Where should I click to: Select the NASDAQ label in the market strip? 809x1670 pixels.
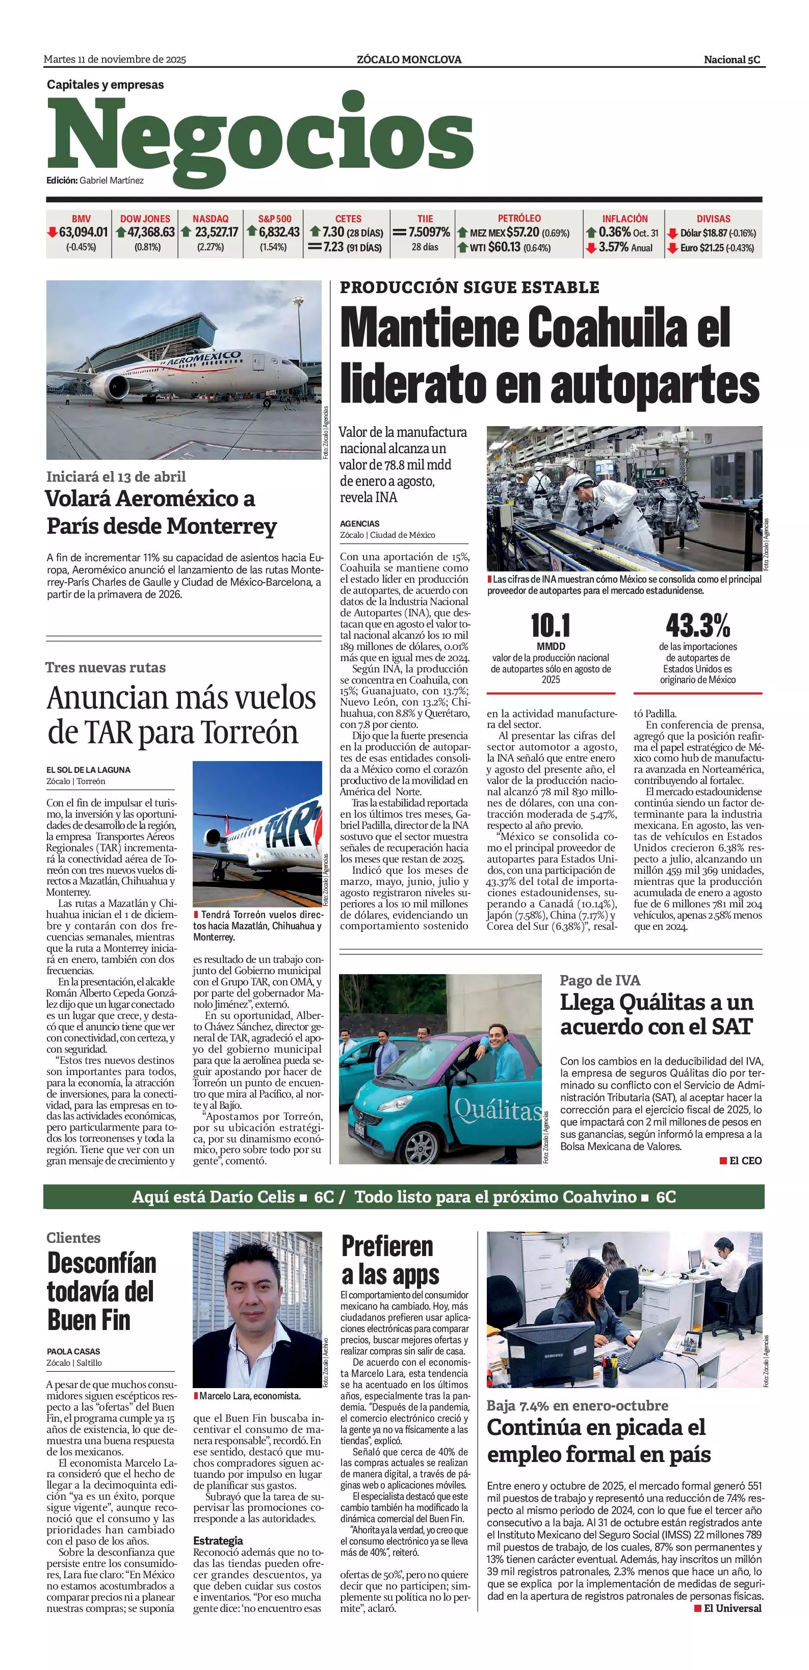pos(210,219)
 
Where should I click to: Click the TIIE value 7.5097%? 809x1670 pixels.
pos(429,232)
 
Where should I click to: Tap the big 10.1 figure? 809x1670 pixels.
pos(551,625)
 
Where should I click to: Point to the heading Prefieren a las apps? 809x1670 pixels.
pos(389,1260)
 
